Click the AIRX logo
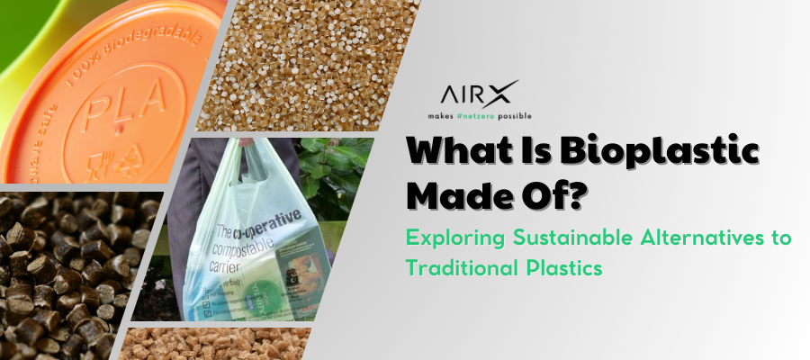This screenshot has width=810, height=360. [x=479, y=94]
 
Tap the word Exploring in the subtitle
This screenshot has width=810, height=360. [x=447, y=238]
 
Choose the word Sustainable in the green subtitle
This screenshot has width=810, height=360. [x=553, y=238]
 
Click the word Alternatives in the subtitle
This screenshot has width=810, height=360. [x=687, y=238]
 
